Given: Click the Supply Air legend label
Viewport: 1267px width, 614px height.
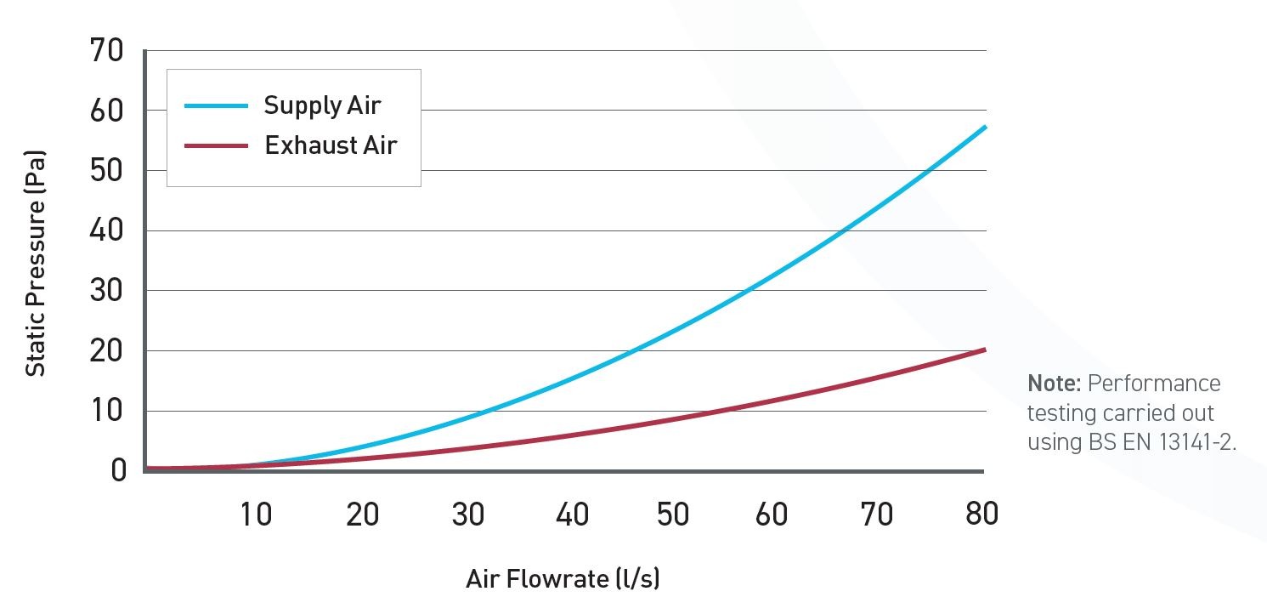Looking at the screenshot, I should point(322,105).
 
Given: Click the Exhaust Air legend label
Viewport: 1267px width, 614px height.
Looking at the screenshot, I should point(331,145).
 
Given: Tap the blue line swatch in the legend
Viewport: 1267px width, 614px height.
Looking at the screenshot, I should point(217,105).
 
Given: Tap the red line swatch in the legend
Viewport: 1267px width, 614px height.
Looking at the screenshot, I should point(217,145).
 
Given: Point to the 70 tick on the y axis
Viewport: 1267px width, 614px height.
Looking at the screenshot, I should point(106,51).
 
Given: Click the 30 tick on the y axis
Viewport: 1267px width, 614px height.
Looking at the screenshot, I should point(106,291).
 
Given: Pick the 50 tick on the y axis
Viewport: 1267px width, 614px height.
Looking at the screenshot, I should point(106,171).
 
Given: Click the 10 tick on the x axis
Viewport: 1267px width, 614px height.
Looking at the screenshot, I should point(255,514).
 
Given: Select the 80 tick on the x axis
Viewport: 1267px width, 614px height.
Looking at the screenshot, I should point(981,514).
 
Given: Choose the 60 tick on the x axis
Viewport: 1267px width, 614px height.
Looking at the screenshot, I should point(772,514).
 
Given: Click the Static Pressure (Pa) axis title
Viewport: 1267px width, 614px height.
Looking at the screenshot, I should point(35,264).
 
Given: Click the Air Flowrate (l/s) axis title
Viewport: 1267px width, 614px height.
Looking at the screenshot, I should point(563,579).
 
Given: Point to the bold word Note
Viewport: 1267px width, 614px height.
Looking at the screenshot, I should point(1054,384).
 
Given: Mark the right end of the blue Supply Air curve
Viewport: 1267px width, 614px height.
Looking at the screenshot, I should point(985,127).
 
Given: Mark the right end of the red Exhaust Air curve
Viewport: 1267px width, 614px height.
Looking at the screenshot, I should point(985,350).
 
